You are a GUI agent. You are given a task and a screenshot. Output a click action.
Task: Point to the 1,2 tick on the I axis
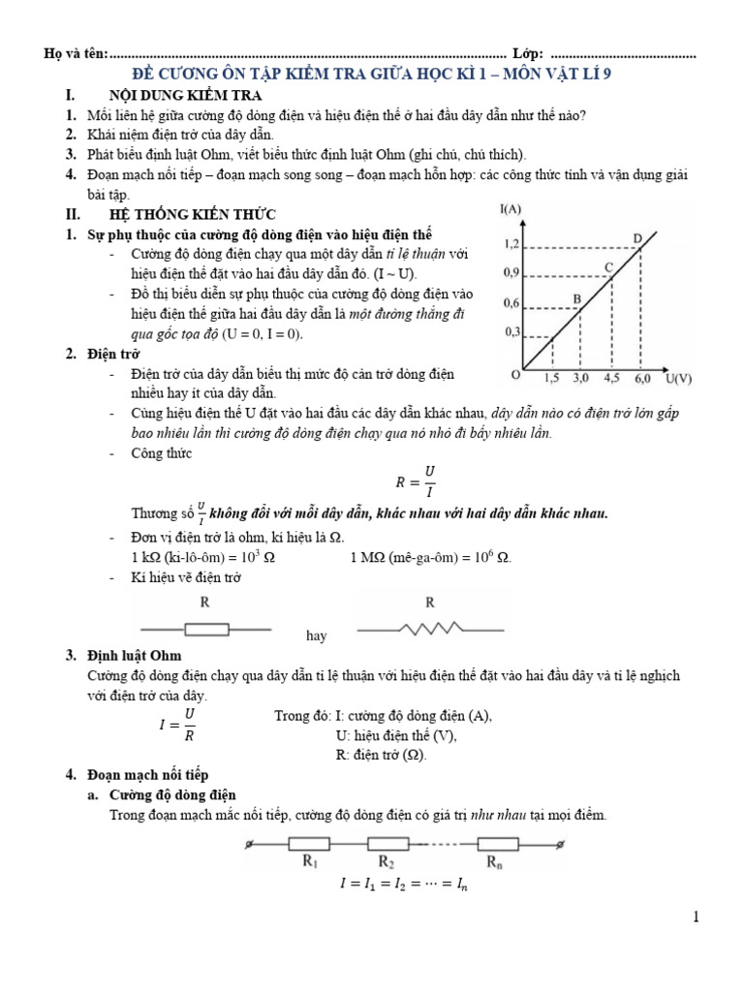pos(512,244)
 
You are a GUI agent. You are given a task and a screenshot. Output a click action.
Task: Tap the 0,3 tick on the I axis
pos(512,332)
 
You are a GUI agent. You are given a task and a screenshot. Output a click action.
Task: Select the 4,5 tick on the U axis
pos(612,377)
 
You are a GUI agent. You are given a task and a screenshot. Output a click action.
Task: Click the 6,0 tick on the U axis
pos(643,377)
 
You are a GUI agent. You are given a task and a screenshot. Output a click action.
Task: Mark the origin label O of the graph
pos(515,375)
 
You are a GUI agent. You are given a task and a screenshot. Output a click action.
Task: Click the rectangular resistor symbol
pos(206,629)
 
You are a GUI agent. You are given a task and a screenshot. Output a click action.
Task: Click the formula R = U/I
pos(416,481)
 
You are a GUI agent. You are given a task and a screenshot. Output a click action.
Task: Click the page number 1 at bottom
pos(695,916)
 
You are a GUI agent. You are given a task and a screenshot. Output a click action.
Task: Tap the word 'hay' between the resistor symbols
pos(317,636)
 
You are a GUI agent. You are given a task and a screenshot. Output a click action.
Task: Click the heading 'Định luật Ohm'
pos(134,657)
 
